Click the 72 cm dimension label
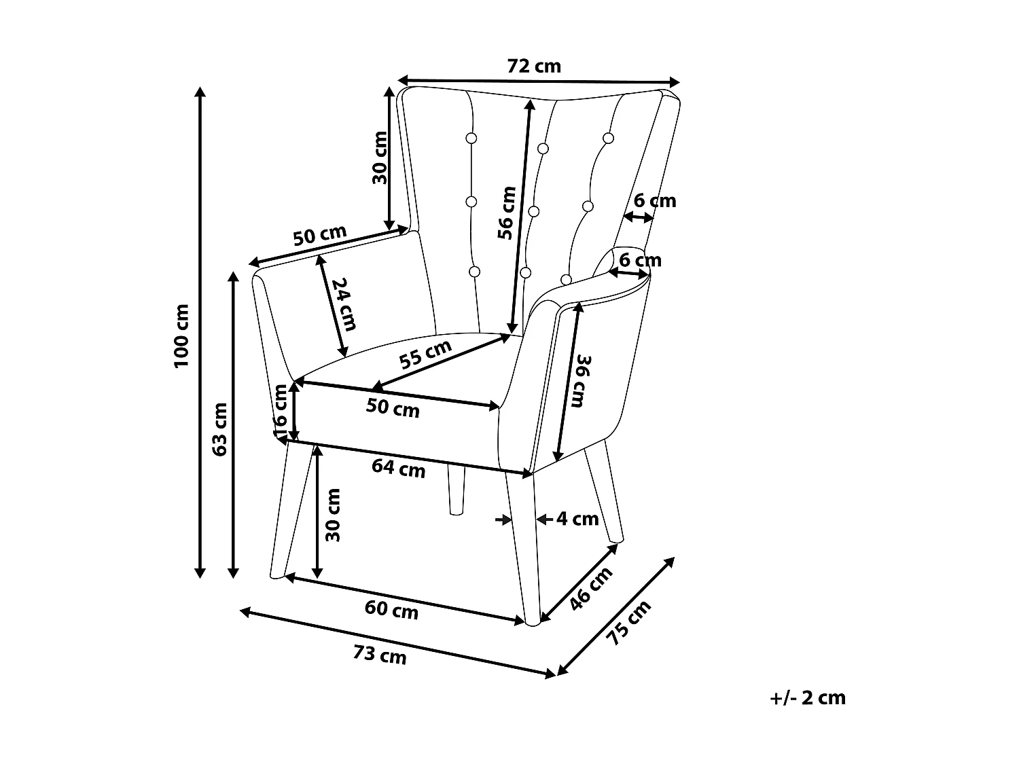tap(533, 67)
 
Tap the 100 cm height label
tap(181, 336)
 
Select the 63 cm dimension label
tap(219, 429)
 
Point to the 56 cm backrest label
tap(507, 213)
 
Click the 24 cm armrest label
tap(344, 304)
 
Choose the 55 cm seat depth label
tap(425, 354)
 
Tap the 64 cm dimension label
tap(398, 468)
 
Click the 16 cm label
tap(281, 412)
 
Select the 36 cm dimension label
tap(581, 381)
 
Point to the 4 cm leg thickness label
tap(577, 519)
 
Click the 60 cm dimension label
tap(391, 610)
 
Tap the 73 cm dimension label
tap(380, 655)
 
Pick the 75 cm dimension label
tap(629, 623)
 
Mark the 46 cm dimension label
tap(591, 588)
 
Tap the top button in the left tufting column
tap(471, 139)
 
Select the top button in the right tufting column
tap(608, 139)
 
